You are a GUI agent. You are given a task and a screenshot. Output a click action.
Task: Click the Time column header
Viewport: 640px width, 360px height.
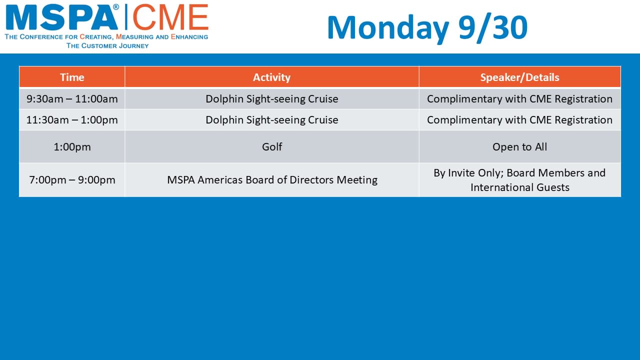[x=72, y=77]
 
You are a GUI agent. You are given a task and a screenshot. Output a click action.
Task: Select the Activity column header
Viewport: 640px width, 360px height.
[x=271, y=77]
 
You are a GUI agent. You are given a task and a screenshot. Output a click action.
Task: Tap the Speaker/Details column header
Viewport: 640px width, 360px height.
[x=519, y=77]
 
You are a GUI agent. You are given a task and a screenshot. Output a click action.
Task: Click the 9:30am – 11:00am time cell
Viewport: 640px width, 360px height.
[x=72, y=99]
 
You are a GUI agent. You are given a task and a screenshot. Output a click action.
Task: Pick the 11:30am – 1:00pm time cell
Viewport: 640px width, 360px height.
[x=72, y=120]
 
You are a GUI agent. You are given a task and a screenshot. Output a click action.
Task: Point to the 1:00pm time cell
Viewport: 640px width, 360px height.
[x=72, y=147]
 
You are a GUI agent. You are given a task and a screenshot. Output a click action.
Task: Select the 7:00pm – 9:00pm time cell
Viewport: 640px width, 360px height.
[x=72, y=180]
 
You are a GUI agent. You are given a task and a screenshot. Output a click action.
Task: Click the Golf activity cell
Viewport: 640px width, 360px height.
[x=271, y=147]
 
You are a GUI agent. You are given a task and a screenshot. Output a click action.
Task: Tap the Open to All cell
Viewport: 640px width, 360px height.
[x=519, y=147]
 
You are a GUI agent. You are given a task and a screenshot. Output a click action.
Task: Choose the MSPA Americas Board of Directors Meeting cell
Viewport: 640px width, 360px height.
[x=271, y=180]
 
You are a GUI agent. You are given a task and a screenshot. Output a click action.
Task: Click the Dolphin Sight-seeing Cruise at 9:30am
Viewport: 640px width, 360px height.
[x=271, y=99]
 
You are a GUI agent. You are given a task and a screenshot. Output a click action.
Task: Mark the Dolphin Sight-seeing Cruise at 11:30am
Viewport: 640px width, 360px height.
[x=271, y=120]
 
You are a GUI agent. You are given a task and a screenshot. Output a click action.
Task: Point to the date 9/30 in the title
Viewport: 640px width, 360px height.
[x=493, y=27]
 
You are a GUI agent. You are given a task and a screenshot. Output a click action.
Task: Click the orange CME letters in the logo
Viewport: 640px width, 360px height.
[x=170, y=17]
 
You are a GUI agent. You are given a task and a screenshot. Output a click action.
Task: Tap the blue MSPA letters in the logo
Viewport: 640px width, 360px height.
[x=61, y=18]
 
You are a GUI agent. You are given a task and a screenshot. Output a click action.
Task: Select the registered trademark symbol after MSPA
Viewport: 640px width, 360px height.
[x=115, y=7]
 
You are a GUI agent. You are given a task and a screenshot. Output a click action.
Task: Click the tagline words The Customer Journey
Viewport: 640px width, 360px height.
[x=107, y=45]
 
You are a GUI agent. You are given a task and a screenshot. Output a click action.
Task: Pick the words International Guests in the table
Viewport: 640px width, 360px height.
[x=519, y=187]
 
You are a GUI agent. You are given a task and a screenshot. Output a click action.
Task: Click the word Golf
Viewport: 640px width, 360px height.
[x=272, y=147]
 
